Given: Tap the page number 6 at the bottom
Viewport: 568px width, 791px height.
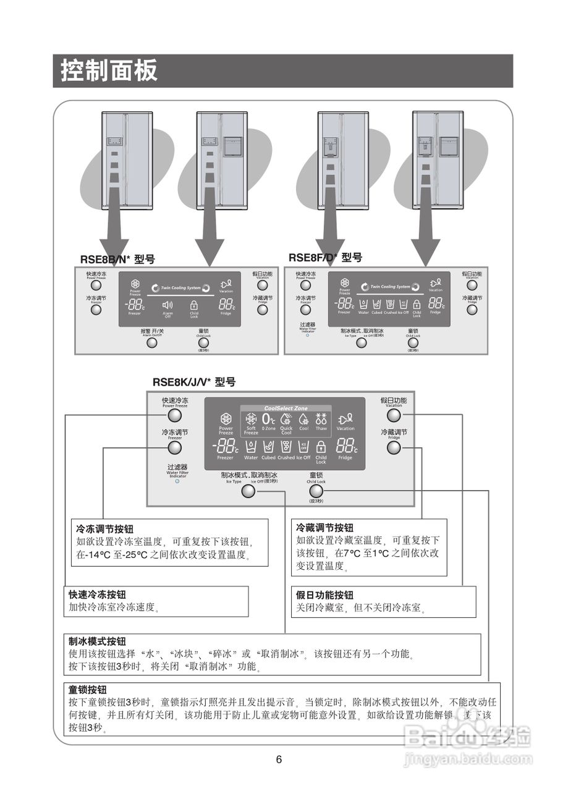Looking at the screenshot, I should (279, 759).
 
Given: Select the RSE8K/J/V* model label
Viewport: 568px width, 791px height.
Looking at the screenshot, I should (194, 383).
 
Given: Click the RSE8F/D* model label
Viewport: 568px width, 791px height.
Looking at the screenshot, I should (325, 258).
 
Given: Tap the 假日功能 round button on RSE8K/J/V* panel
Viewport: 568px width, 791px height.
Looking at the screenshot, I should (394, 416).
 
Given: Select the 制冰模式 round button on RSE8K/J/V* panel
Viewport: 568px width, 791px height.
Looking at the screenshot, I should (248, 491).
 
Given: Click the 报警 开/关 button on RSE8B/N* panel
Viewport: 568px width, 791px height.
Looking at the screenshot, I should (151, 342).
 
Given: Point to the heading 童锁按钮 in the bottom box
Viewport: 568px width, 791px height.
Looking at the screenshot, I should (88, 690).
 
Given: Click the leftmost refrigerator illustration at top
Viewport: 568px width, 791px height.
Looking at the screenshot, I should (127, 161).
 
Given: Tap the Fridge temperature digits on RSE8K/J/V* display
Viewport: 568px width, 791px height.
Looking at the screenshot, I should (345, 446).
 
